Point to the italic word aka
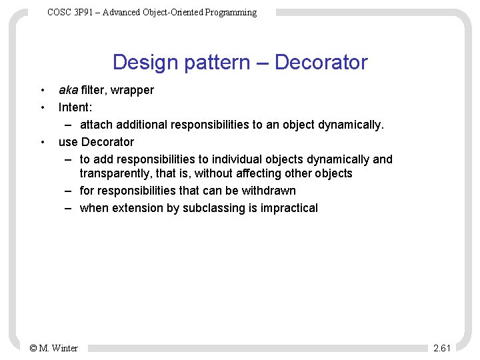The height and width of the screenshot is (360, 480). tap(68, 90)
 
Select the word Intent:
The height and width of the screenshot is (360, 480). tap(75, 107)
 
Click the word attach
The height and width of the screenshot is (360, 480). tap(95, 125)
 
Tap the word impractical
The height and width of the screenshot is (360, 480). tap(289, 208)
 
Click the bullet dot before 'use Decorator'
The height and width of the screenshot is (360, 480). tap(42, 142)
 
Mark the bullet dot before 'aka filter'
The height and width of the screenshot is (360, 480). tap(42, 90)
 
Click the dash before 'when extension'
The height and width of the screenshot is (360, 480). tap(69, 208)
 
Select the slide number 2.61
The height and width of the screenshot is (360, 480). tap(442, 348)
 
